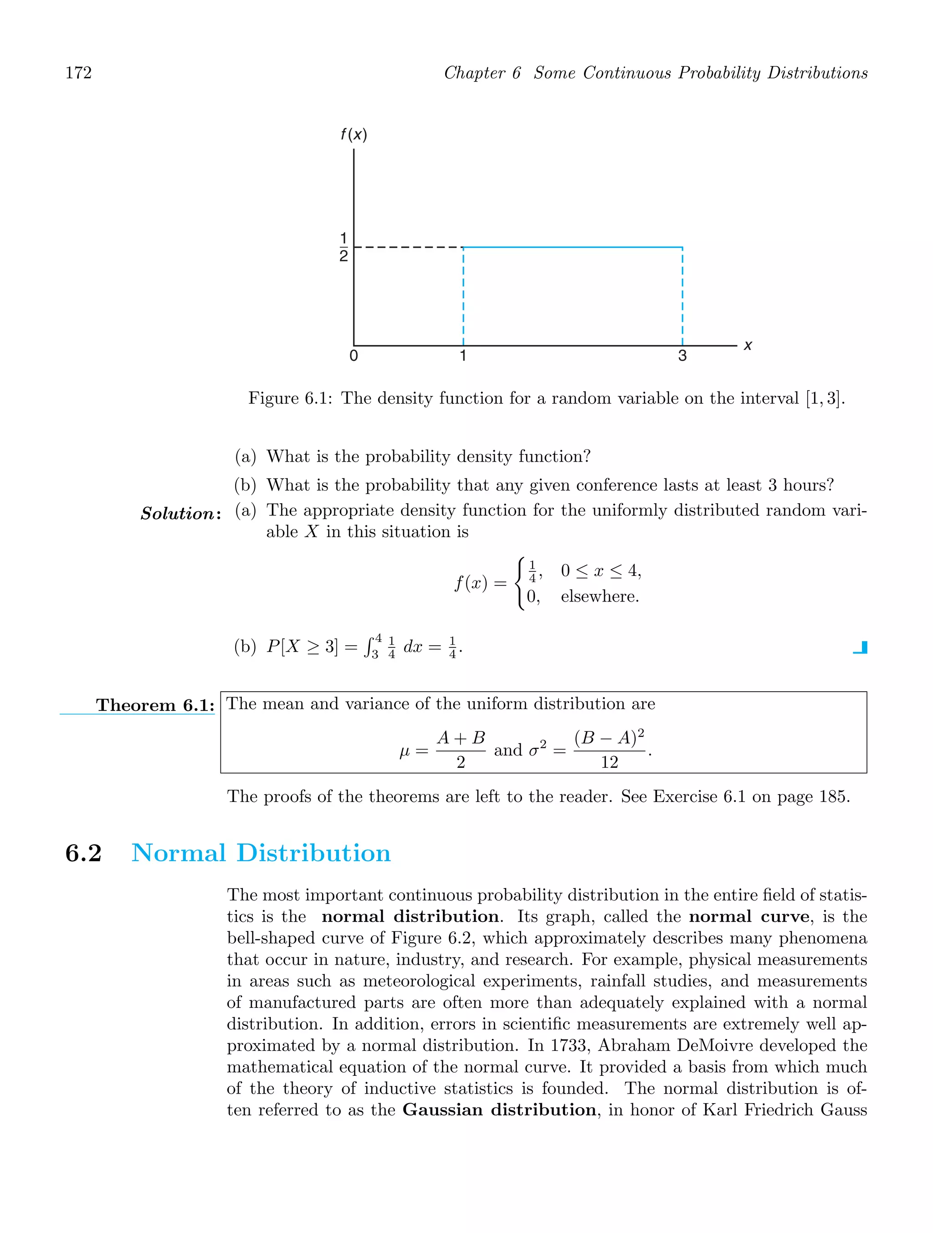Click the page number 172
click(79, 73)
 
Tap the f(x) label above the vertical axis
click(354, 135)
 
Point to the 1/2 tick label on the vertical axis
click(343, 247)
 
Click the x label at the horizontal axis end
click(748, 345)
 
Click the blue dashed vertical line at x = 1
click(464, 295)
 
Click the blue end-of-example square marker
click(861, 647)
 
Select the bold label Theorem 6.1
click(155, 705)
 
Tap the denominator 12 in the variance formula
click(609, 762)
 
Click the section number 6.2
click(84, 853)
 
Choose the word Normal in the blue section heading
click(178, 853)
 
